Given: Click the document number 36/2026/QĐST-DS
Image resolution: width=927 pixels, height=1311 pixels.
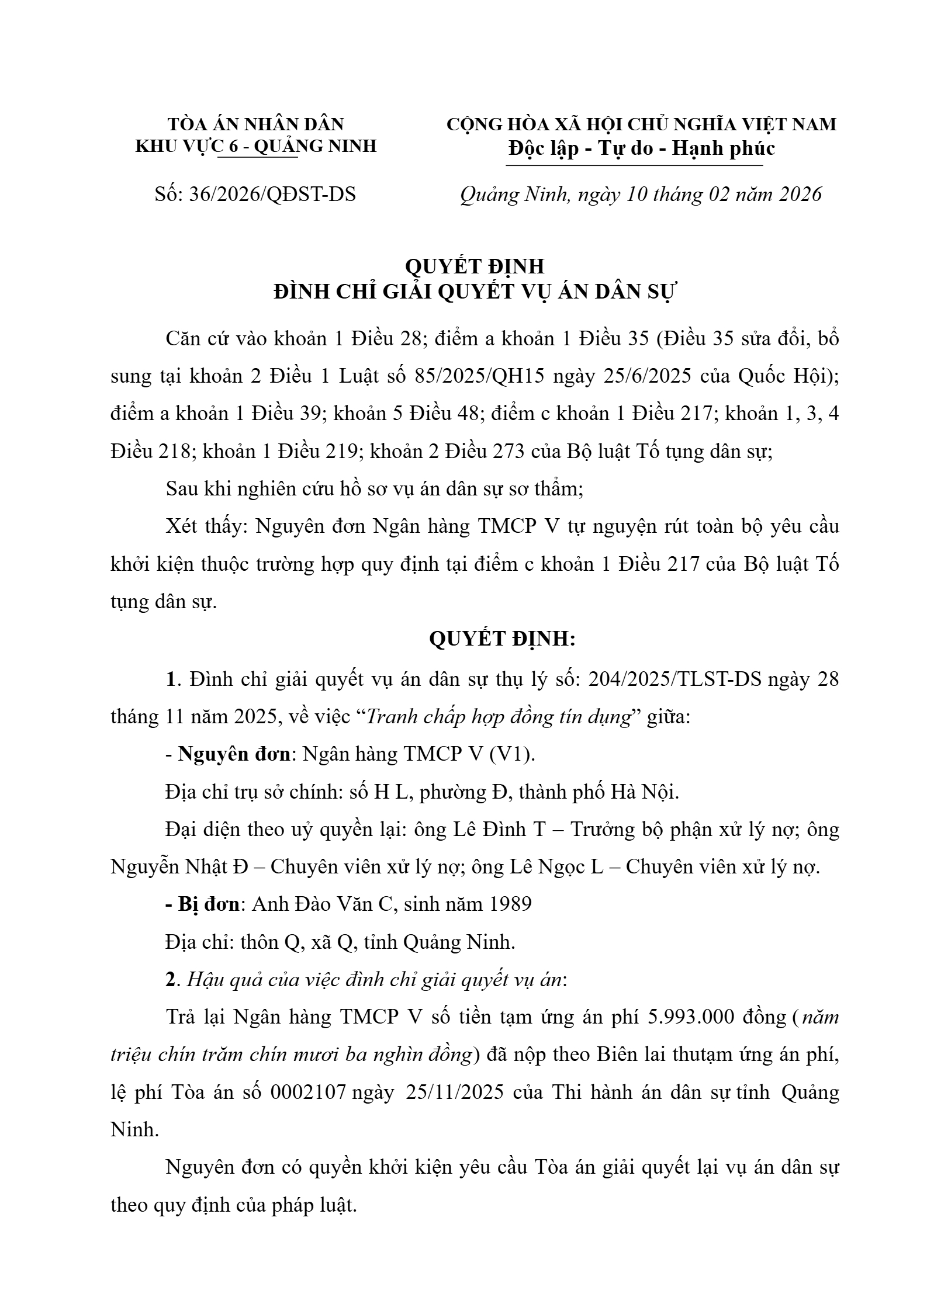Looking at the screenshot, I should [272, 194].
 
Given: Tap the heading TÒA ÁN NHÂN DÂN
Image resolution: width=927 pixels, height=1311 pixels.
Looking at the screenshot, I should [256, 124].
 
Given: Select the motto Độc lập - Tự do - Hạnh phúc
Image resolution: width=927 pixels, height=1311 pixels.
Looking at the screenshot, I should [641, 148].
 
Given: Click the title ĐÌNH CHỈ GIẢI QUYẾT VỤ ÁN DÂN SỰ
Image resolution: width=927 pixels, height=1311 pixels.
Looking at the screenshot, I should [474, 292].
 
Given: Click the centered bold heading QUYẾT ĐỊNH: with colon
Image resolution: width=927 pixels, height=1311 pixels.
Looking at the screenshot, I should [502, 639].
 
